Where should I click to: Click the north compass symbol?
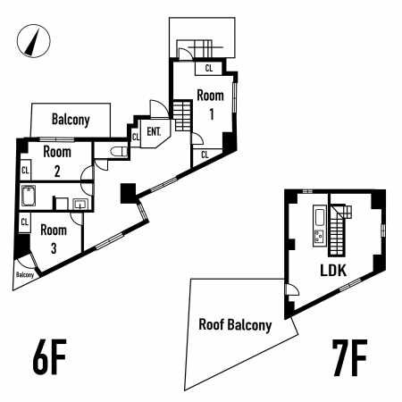coord(34,41)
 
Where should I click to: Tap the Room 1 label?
coord(211,105)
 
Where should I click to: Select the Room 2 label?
coord(57,162)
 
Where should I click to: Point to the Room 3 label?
coord(54,239)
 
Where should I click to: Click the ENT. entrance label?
coord(154,131)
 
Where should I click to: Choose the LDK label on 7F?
coord(333,271)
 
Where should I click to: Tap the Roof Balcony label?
coord(235,325)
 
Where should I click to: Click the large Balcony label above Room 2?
coord(71,120)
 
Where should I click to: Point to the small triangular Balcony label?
coord(25,275)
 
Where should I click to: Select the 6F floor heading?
coord(49,357)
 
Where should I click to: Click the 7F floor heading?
coord(350,358)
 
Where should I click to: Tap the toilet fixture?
coord(119,152)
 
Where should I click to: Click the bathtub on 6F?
coord(29,196)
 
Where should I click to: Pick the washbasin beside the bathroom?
coord(80,205)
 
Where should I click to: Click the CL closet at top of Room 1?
coord(209,68)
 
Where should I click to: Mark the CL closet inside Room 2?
coord(25,171)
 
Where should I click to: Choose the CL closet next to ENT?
coord(136,137)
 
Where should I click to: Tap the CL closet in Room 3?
coord(25,222)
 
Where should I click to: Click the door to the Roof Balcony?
coord(291,289)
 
